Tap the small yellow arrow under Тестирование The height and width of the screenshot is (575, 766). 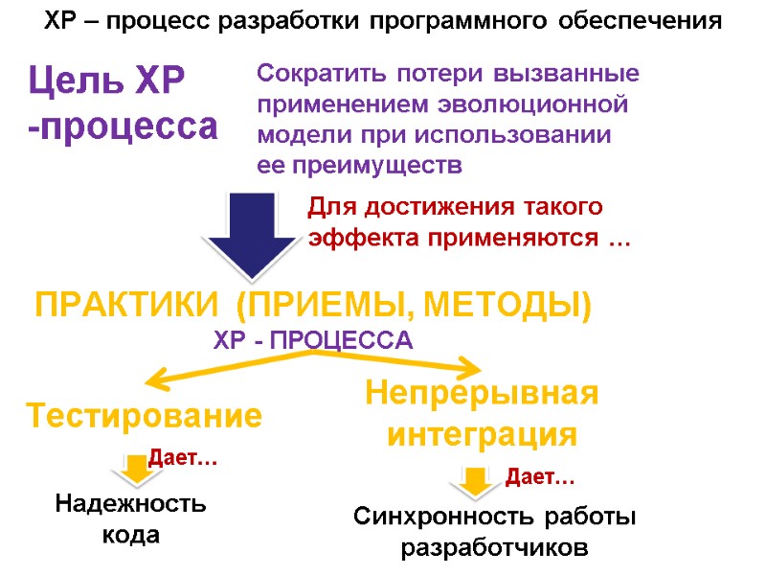click(137, 467)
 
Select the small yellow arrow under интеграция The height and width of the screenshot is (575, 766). click(473, 481)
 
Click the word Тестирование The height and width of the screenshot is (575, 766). click(144, 417)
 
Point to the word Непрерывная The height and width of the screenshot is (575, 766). click(482, 394)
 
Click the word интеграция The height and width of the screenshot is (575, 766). click(482, 435)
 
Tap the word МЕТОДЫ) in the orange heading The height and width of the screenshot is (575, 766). click(508, 307)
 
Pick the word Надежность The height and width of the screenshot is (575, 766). click(130, 503)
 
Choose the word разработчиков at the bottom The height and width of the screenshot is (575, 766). click(493, 549)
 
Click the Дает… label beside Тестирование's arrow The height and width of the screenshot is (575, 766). click(182, 461)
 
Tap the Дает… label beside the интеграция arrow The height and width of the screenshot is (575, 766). click(540, 475)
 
